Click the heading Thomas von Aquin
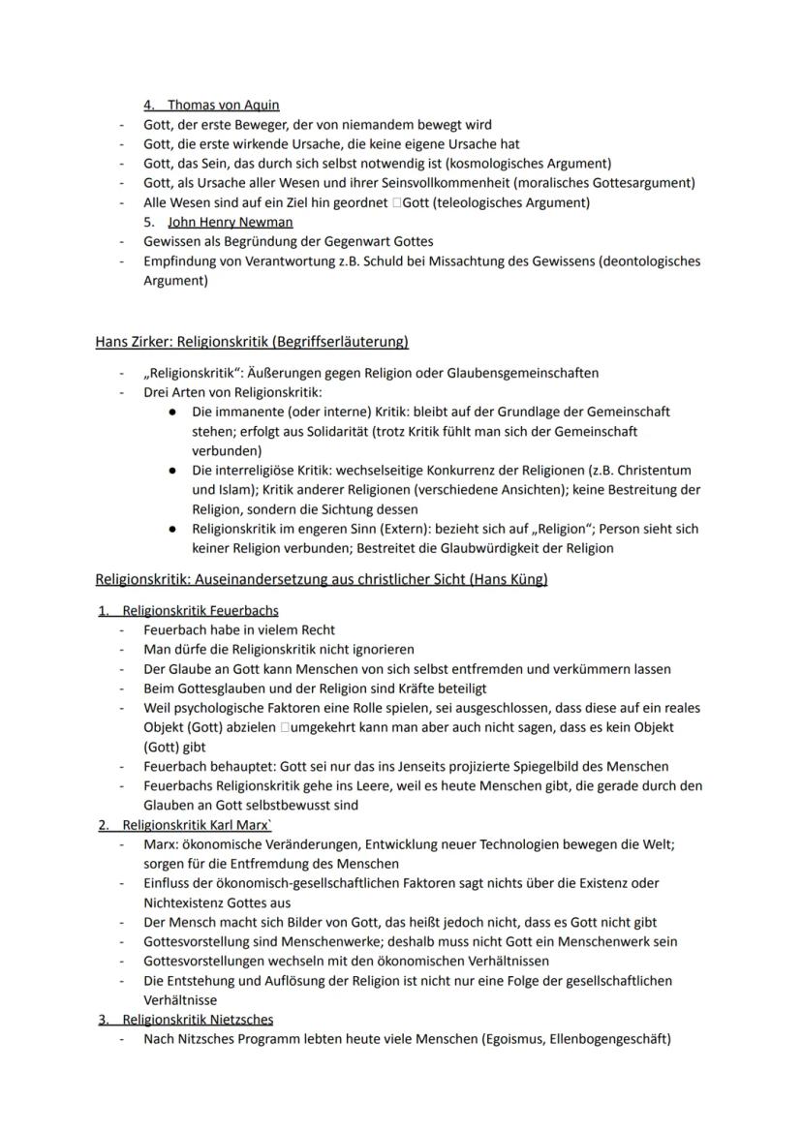pos(224,105)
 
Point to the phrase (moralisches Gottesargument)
pos(609,182)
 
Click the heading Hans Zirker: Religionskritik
pos(252,341)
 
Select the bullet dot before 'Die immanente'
pos(171,412)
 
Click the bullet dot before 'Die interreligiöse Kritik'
pos(171,471)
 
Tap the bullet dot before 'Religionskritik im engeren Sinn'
pos(171,529)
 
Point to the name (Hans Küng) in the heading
pos(511,579)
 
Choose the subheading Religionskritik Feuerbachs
pos(200,610)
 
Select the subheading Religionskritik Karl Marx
pos(198,825)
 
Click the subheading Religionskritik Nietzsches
pos(198,1019)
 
